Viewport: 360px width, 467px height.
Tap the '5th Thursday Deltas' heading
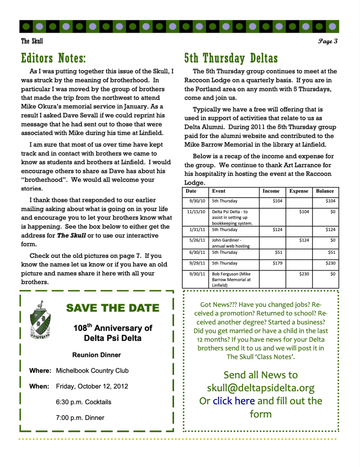coord(231,58)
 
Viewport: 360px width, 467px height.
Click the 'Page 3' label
coord(328,42)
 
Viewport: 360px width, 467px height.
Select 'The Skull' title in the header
coord(32,42)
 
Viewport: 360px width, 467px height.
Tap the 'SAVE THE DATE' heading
coord(113,308)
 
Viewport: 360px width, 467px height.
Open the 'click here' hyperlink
coord(233,401)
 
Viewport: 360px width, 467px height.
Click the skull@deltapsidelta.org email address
coord(260,388)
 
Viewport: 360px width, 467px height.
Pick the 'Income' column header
coord(271,191)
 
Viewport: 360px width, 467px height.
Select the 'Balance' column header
coord(325,191)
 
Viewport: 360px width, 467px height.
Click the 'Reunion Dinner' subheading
coord(96,355)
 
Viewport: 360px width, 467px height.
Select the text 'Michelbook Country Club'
coord(92,371)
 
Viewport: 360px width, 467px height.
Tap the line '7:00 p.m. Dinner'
coord(80,418)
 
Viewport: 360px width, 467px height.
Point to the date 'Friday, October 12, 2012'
coord(92,386)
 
